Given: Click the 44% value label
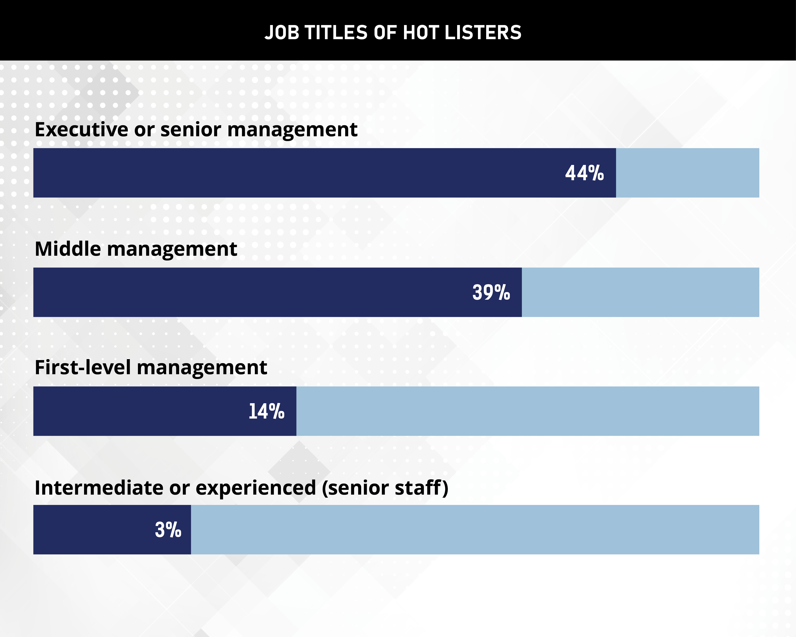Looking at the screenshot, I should coord(585,173).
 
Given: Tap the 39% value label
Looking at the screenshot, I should coord(491,292).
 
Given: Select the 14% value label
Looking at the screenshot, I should coord(266,411).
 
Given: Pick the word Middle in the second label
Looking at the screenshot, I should coord(68,249).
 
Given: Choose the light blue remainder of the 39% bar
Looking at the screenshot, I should coord(640,292).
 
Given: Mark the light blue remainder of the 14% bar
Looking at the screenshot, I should coord(527,411).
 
